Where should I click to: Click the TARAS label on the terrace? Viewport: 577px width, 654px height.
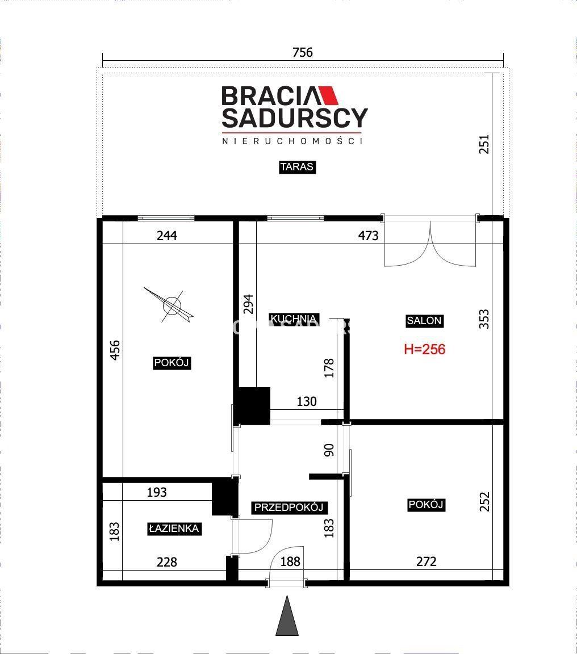[x=296, y=167]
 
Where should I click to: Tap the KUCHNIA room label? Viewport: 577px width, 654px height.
[x=294, y=319]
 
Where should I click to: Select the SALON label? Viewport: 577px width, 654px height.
[x=424, y=321]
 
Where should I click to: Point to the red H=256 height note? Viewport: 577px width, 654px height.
[x=425, y=349]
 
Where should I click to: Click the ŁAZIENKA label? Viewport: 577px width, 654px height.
[x=174, y=529]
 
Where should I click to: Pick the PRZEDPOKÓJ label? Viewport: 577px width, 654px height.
[x=288, y=507]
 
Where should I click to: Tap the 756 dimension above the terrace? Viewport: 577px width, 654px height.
[x=303, y=52]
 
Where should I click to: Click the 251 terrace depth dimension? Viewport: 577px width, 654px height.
[x=483, y=144]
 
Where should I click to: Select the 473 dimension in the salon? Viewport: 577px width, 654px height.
[x=369, y=236]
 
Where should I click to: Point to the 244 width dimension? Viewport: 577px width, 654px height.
[x=167, y=236]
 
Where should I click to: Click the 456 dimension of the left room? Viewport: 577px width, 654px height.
[x=115, y=350]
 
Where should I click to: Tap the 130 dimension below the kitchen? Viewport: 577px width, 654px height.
[x=307, y=401]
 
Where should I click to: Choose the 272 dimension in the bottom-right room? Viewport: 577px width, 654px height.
[x=427, y=561]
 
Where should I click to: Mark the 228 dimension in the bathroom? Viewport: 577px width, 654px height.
[x=167, y=562]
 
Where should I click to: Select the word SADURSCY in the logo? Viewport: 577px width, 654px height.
[x=295, y=118]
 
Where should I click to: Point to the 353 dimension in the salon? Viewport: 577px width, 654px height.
[x=483, y=319]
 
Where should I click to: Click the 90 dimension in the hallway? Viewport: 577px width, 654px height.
[x=329, y=450]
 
